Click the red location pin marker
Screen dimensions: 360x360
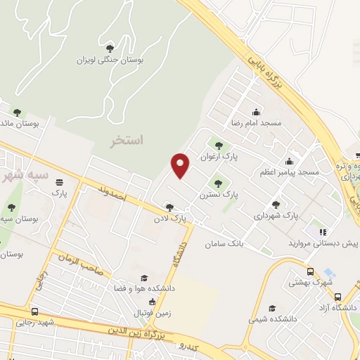181,165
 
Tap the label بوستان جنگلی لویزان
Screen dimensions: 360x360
111,61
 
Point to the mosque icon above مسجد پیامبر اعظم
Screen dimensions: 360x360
290,161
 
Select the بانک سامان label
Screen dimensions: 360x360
224,244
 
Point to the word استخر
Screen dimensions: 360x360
127,141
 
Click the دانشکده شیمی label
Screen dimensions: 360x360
269,319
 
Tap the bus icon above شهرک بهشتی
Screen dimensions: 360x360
310,271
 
